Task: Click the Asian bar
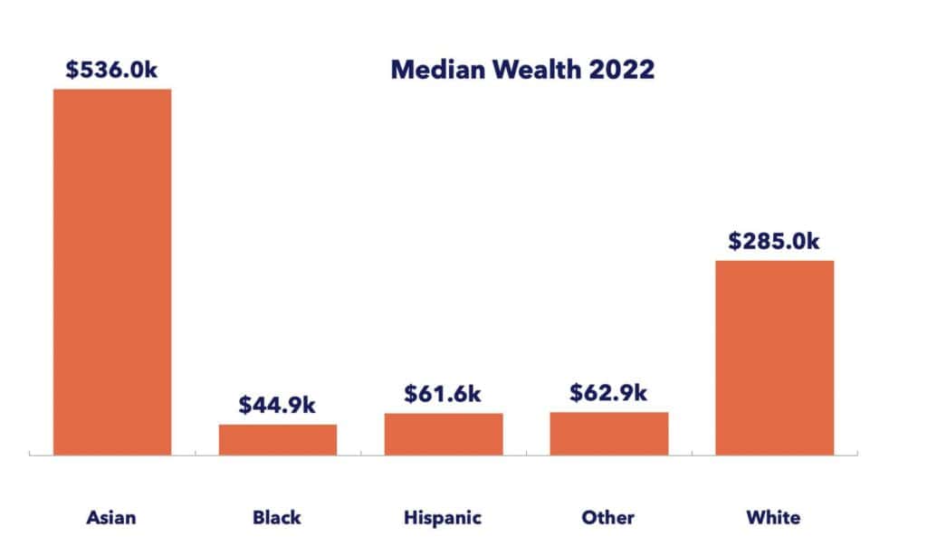(112, 272)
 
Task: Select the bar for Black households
(278, 439)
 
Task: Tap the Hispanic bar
(444, 434)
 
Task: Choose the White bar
(775, 358)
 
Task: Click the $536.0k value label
(112, 70)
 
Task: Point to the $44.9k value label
(278, 405)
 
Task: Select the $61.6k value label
(444, 394)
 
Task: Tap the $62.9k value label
(609, 393)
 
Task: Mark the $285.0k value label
(775, 241)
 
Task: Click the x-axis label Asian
(111, 518)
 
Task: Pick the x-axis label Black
(277, 518)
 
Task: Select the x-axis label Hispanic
(443, 518)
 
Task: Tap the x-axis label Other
(608, 518)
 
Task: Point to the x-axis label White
(774, 518)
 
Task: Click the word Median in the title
(434, 70)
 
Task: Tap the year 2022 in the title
(625, 70)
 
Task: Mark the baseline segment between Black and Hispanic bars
(360, 455)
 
